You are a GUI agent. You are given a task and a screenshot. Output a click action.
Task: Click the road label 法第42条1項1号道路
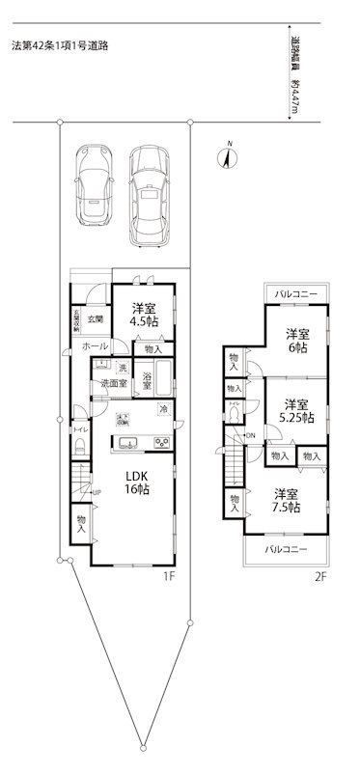(x=60, y=44)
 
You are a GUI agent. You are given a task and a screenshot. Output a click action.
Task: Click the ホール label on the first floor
(x=95, y=345)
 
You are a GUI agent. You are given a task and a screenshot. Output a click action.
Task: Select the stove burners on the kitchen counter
(x=159, y=443)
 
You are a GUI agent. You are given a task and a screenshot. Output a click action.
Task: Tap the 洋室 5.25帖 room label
(x=296, y=411)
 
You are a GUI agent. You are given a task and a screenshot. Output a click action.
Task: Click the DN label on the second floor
(x=250, y=434)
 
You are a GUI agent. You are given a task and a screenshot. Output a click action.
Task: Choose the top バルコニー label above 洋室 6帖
(x=290, y=291)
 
